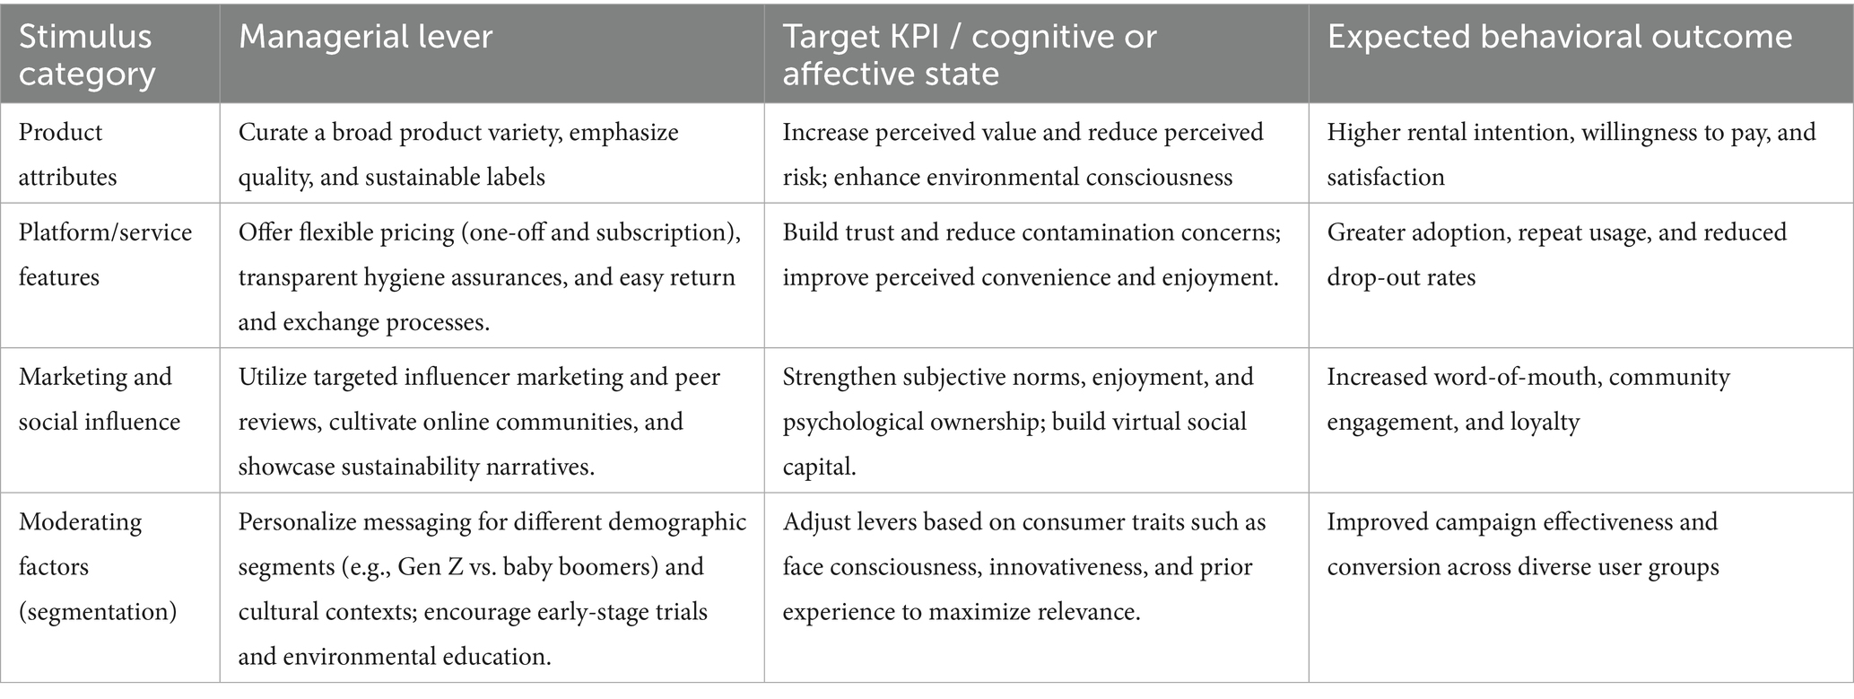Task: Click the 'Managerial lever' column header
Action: tap(365, 38)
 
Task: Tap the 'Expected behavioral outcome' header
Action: tap(1560, 38)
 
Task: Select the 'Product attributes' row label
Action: tap(67, 154)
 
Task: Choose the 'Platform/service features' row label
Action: tap(105, 255)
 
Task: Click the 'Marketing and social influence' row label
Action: tap(99, 399)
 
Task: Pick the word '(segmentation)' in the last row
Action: tap(98, 612)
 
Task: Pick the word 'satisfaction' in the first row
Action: tap(1385, 178)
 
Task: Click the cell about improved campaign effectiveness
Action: tap(1522, 545)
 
